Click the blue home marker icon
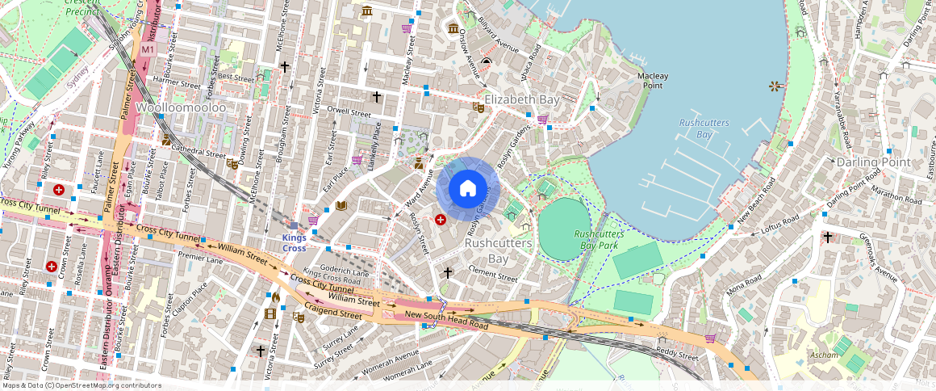pyautogui.click(x=468, y=189)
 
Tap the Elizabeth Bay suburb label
pyautogui.click(x=522, y=99)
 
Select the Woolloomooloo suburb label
pyautogui.click(x=181, y=107)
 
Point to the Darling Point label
pyautogui.click(x=873, y=162)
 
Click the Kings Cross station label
pyautogui.click(x=294, y=242)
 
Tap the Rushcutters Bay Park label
pyautogui.click(x=598, y=239)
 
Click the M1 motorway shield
pyautogui.click(x=148, y=50)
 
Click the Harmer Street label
pyautogui.click(x=176, y=82)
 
